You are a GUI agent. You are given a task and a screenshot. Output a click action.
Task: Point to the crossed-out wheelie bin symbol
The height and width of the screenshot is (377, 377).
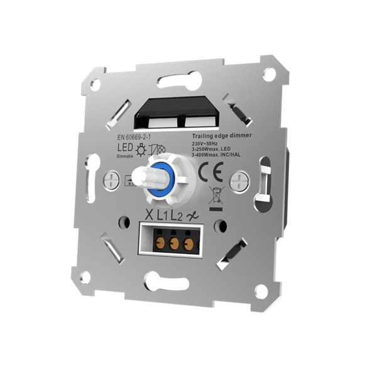[215, 195]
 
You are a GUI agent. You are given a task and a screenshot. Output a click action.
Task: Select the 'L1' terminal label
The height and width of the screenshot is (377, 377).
[164, 215]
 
